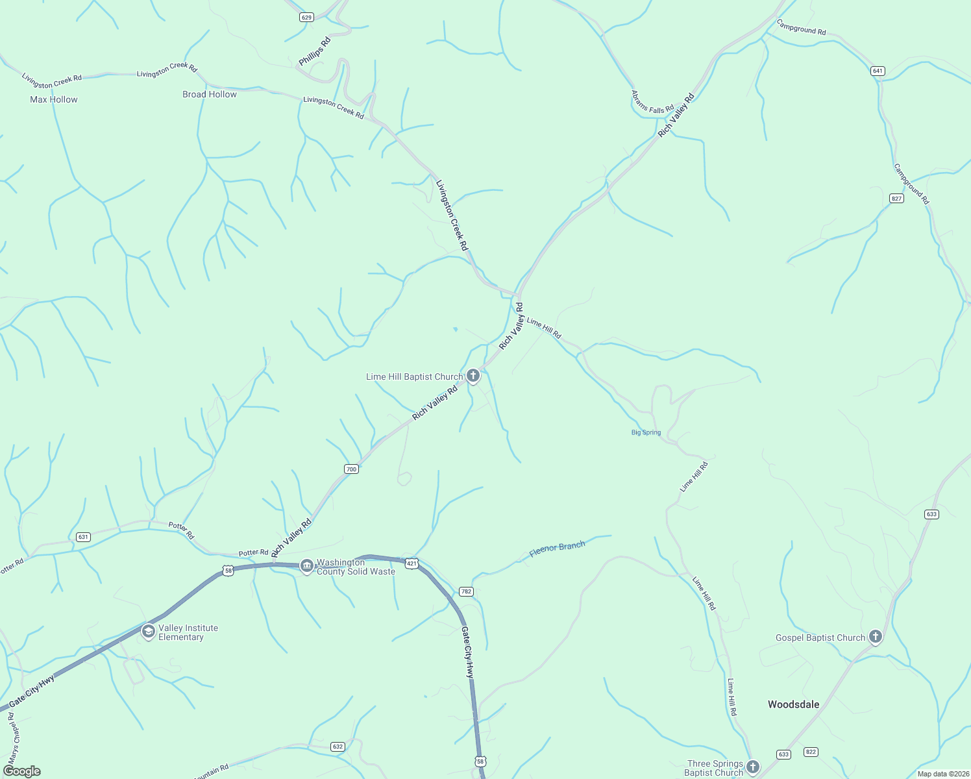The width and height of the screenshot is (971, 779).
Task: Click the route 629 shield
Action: [x=307, y=18]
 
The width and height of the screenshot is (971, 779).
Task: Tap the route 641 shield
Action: [x=878, y=71]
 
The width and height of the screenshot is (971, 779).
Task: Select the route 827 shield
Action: [x=896, y=198]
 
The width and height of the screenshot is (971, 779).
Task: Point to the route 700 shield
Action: [x=350, y=469]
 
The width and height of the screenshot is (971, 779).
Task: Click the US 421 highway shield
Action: [x=412, y=563]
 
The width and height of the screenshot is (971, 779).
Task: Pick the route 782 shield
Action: [x=466, y=591]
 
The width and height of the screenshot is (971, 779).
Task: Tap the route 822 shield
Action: [x=811, y=752]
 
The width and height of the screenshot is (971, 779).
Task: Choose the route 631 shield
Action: [x=82, y=537]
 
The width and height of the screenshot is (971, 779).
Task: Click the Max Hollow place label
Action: [x=54, y=99]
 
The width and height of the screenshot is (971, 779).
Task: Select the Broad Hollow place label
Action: [x=210, y=94]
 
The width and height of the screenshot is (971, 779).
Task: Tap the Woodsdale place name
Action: [x=793, y=704]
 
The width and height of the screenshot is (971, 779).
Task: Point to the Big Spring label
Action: [x=646, y=432]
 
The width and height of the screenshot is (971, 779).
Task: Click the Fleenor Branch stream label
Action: [x=557, y=549]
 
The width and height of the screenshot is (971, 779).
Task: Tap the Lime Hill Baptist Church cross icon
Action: [x=473, y=376]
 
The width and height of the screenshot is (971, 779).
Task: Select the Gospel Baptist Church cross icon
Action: [x=876, y=637]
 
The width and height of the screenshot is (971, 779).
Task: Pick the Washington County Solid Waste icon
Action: [x=306, y=567]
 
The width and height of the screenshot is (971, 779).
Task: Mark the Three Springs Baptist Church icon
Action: [x=752, y=767]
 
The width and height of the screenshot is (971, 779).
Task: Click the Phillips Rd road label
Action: [x=315, y=51]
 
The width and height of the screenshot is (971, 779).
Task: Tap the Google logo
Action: [x=22, y=771]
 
